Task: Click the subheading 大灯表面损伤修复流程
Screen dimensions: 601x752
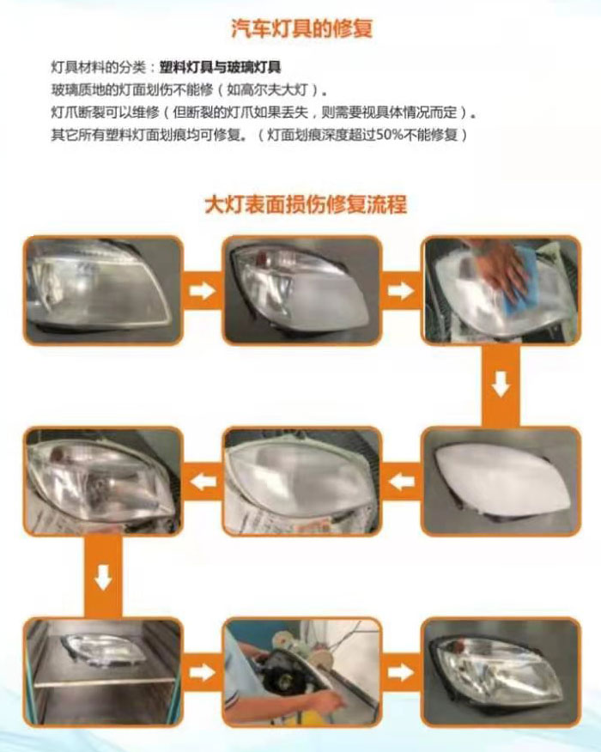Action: click(x=306, y=203)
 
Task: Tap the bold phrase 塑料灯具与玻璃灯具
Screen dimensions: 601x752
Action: click(x=220, y=67)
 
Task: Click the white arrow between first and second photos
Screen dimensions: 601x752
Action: click(x=203, y=290)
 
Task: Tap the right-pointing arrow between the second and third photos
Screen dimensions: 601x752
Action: click(x=401, y=290)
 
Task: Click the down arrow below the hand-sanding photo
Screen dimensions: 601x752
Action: click(x=501, y=385)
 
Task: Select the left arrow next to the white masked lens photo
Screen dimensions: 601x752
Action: click(x=402, y=481)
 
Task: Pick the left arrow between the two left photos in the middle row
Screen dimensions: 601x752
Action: click(x=203, y=481)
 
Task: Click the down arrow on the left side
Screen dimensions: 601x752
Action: click(x=103, y=577)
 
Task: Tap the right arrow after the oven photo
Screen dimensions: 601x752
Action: click(x=203, y=672)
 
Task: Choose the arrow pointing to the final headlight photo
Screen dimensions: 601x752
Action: click(x=401, y=672)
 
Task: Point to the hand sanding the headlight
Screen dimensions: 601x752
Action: click(x=502, y=267)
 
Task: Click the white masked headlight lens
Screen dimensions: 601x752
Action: click(x=503, y=481)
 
